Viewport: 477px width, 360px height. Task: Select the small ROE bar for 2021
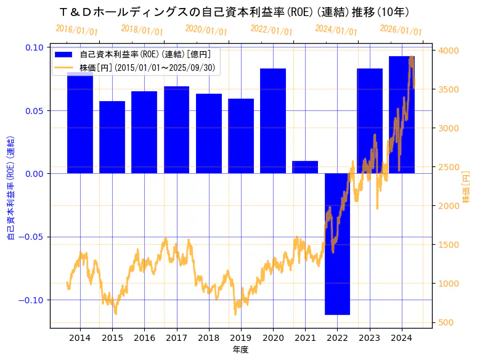pos(305,167)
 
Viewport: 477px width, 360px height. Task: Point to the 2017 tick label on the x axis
pos(176,338)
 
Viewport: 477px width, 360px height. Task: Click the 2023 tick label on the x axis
pos(370,338)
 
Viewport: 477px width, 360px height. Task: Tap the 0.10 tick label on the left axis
pos(35,47)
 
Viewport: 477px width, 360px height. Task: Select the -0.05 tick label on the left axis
pos(32,237)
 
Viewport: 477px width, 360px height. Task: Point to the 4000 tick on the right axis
pos(449,51)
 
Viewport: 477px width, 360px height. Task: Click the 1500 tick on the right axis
pos(449,245)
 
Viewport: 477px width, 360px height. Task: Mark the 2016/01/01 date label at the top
pos(76,30)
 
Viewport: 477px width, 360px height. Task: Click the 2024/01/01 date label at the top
pos(336,30)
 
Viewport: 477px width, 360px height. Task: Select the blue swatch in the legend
pos(63,55)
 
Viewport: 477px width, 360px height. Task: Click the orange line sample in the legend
pos(63,67)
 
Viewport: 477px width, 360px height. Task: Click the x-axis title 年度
pos(240,350)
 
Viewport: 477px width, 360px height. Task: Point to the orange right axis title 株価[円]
pos(466,187)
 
